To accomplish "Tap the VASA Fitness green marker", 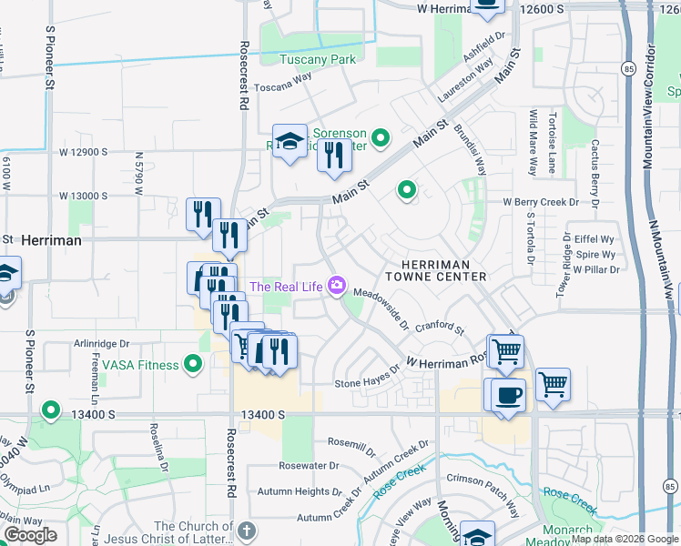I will pos(192,365).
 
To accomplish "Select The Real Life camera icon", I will pos(337,287).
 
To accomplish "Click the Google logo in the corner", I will pos(30,535).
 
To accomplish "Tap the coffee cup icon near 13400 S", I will pos(509,396).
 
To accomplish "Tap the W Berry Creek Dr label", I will pos(541,202).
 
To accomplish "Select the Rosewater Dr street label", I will pos(309,465).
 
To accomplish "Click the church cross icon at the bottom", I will pos(246,531).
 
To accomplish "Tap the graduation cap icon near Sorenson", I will pos(290,141).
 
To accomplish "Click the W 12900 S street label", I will pos(84,152).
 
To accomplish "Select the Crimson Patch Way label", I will pos(482,480).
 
